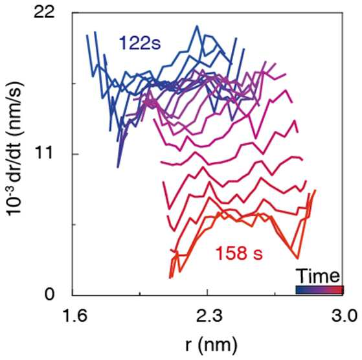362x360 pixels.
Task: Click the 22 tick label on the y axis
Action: (44, 12)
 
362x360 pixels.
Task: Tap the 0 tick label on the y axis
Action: (49, 295)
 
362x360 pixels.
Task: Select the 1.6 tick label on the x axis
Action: (76, 316)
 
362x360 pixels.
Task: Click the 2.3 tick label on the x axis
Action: (209, 316)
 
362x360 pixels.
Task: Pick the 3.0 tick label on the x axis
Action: (345, 316)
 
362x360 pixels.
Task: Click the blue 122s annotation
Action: (140, 43)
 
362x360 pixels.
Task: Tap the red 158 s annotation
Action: (239, 253)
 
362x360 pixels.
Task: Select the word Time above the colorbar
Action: (319, 276)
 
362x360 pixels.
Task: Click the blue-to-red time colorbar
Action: (320, 290)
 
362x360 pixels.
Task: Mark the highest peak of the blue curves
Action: (197, 26)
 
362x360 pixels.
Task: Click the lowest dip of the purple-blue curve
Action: (118, 166)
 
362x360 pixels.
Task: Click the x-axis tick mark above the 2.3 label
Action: (207, 293)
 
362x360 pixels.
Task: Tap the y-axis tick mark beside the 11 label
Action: (74, 154)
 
